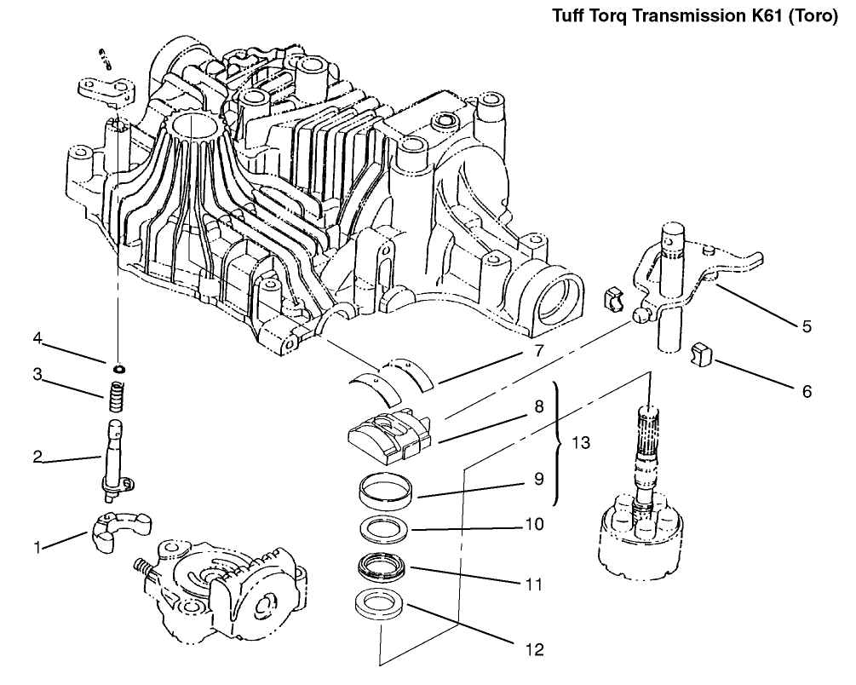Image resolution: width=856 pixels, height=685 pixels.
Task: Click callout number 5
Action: tap(807, 325)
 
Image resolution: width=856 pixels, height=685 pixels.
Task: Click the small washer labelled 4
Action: tap(118, 368)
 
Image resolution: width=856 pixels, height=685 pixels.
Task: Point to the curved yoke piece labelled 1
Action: tap(119, 532)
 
